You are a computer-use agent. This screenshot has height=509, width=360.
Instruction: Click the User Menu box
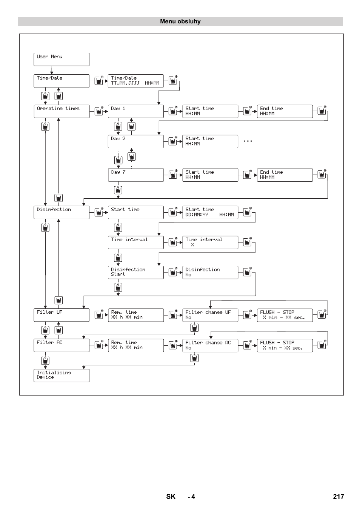coord(62,60)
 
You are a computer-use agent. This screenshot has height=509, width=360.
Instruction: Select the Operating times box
coord(62,111)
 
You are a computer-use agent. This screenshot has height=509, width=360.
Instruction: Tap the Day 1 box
coord(136,111)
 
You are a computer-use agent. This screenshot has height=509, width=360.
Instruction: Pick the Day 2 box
coord(136,141)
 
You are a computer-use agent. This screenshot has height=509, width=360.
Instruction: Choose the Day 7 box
coord(136,175)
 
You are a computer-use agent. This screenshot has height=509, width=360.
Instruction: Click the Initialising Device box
coord(62,376)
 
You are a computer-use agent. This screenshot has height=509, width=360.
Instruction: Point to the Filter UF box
coord(62,315)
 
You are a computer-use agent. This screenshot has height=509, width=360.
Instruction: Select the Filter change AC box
coord(210,346)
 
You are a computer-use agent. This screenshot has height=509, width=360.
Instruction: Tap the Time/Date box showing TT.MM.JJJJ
coord(136,81)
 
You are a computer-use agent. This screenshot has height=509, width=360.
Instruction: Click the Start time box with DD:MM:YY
coord(210,213)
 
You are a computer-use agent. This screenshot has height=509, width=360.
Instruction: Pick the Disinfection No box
coord(210,273)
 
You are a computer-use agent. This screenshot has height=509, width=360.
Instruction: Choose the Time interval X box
coord(210,242)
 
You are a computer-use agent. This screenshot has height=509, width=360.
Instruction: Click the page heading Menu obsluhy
coord(180,21)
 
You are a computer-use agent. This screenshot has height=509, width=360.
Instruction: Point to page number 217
coord(338,497)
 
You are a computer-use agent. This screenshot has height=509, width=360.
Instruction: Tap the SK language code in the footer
coord(171,497)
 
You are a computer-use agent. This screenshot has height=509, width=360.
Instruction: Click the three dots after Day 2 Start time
coord(248,141)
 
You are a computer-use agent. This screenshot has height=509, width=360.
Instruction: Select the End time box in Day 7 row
coord(285,175)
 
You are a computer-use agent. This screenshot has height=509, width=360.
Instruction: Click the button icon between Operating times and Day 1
coord(99,111)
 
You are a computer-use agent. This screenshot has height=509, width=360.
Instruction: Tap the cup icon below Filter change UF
coord(194,327)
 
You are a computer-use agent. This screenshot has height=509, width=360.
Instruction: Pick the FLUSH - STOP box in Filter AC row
coord(285,346)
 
